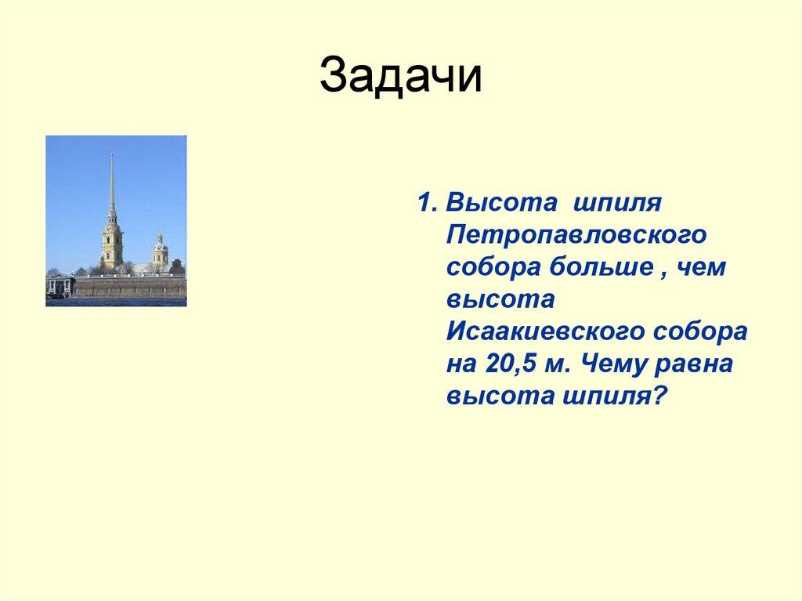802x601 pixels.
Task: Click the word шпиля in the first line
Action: click(618, 203)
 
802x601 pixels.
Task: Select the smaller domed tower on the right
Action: click(160, 251)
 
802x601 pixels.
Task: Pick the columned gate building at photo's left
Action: click(59, 285)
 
